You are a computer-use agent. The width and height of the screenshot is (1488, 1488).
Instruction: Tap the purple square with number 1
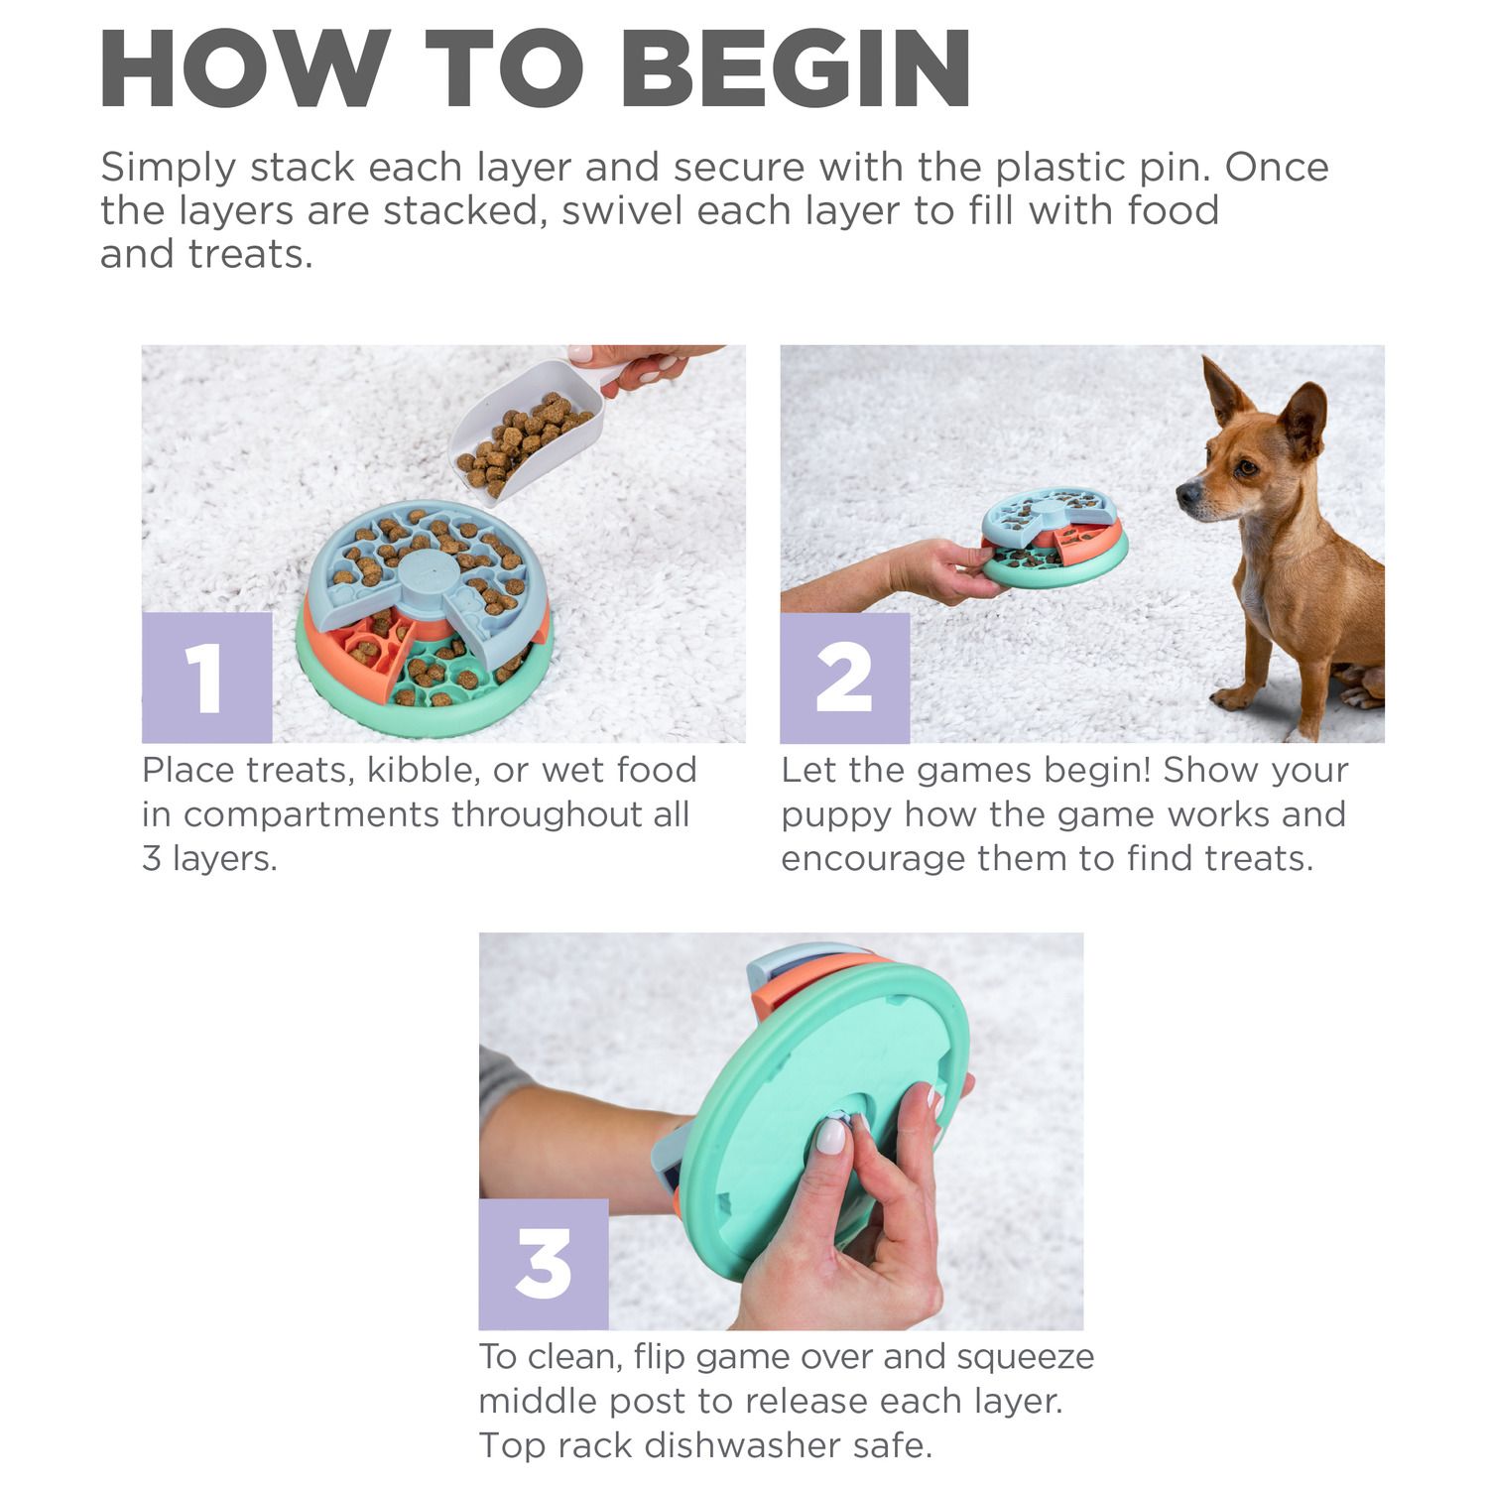(206, 678)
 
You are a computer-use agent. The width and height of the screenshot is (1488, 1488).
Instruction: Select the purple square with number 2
(845, 678)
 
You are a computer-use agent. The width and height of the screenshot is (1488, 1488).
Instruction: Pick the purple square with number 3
(544, 1265)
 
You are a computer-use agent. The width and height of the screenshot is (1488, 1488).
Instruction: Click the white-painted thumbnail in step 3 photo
(830, 1136)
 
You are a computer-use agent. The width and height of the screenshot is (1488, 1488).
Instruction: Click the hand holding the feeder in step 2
(947, 570)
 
